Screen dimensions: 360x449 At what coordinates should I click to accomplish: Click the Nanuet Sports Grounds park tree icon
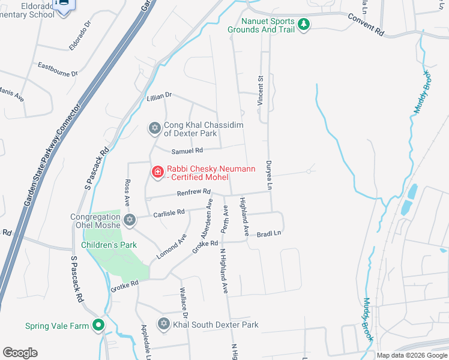tap(304, 25)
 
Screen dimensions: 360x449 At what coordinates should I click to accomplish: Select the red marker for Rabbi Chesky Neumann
tap(157, 172)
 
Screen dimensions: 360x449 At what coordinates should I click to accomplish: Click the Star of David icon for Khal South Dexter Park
tap(163, 324)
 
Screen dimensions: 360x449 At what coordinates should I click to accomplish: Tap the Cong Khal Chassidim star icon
tap(154, 128)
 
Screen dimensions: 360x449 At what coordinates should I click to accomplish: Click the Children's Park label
tap(110, 245)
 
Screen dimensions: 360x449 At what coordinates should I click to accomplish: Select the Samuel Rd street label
tap(187, 151)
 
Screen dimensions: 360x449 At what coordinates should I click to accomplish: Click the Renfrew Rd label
tap(193, 193)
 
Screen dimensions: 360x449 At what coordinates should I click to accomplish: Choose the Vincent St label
tap(261, 91)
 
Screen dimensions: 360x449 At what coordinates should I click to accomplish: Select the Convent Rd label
tap(366, 23)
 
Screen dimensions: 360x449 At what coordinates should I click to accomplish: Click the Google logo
tap(20, 352)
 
